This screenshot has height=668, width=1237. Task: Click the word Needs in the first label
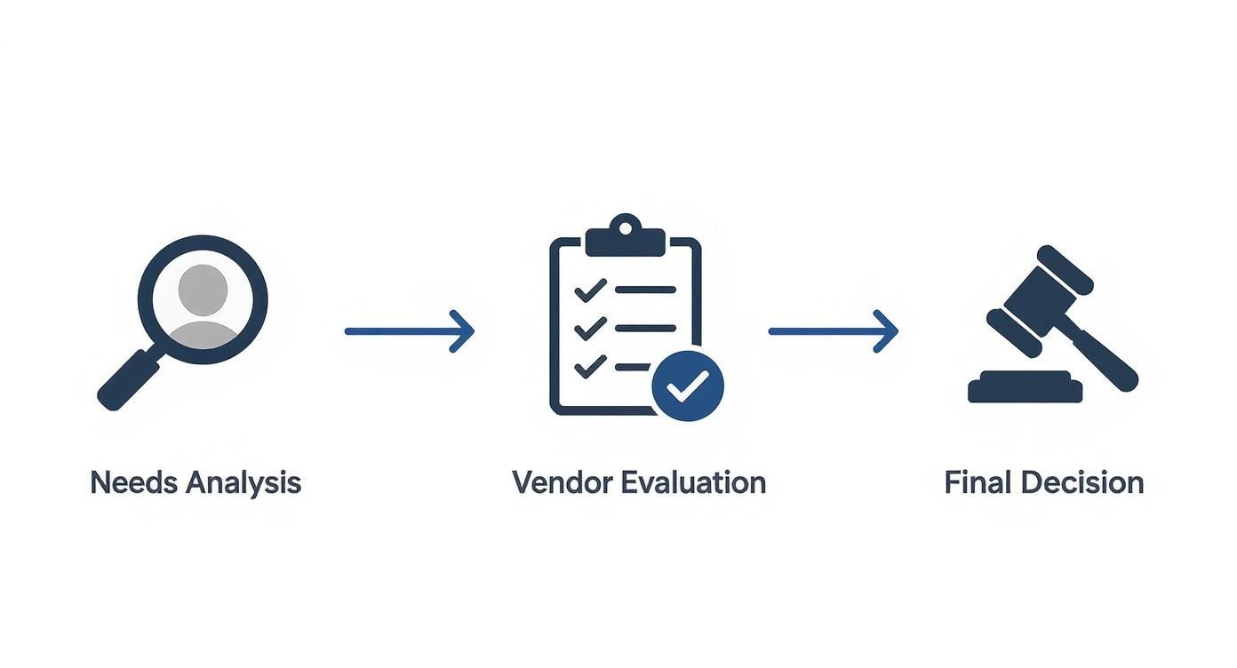point(132,483)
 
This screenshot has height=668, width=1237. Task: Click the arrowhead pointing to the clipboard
point(463,331)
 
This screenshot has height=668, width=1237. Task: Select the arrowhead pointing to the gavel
point(887,331)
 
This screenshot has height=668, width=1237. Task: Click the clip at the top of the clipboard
point(626,236)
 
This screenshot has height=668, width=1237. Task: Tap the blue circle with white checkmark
point(688,385)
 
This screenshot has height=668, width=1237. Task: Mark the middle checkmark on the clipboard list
point(590,328)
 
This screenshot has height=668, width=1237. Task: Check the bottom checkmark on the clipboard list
point(590,365)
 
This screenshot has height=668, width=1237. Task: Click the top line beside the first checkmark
point(645,290)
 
